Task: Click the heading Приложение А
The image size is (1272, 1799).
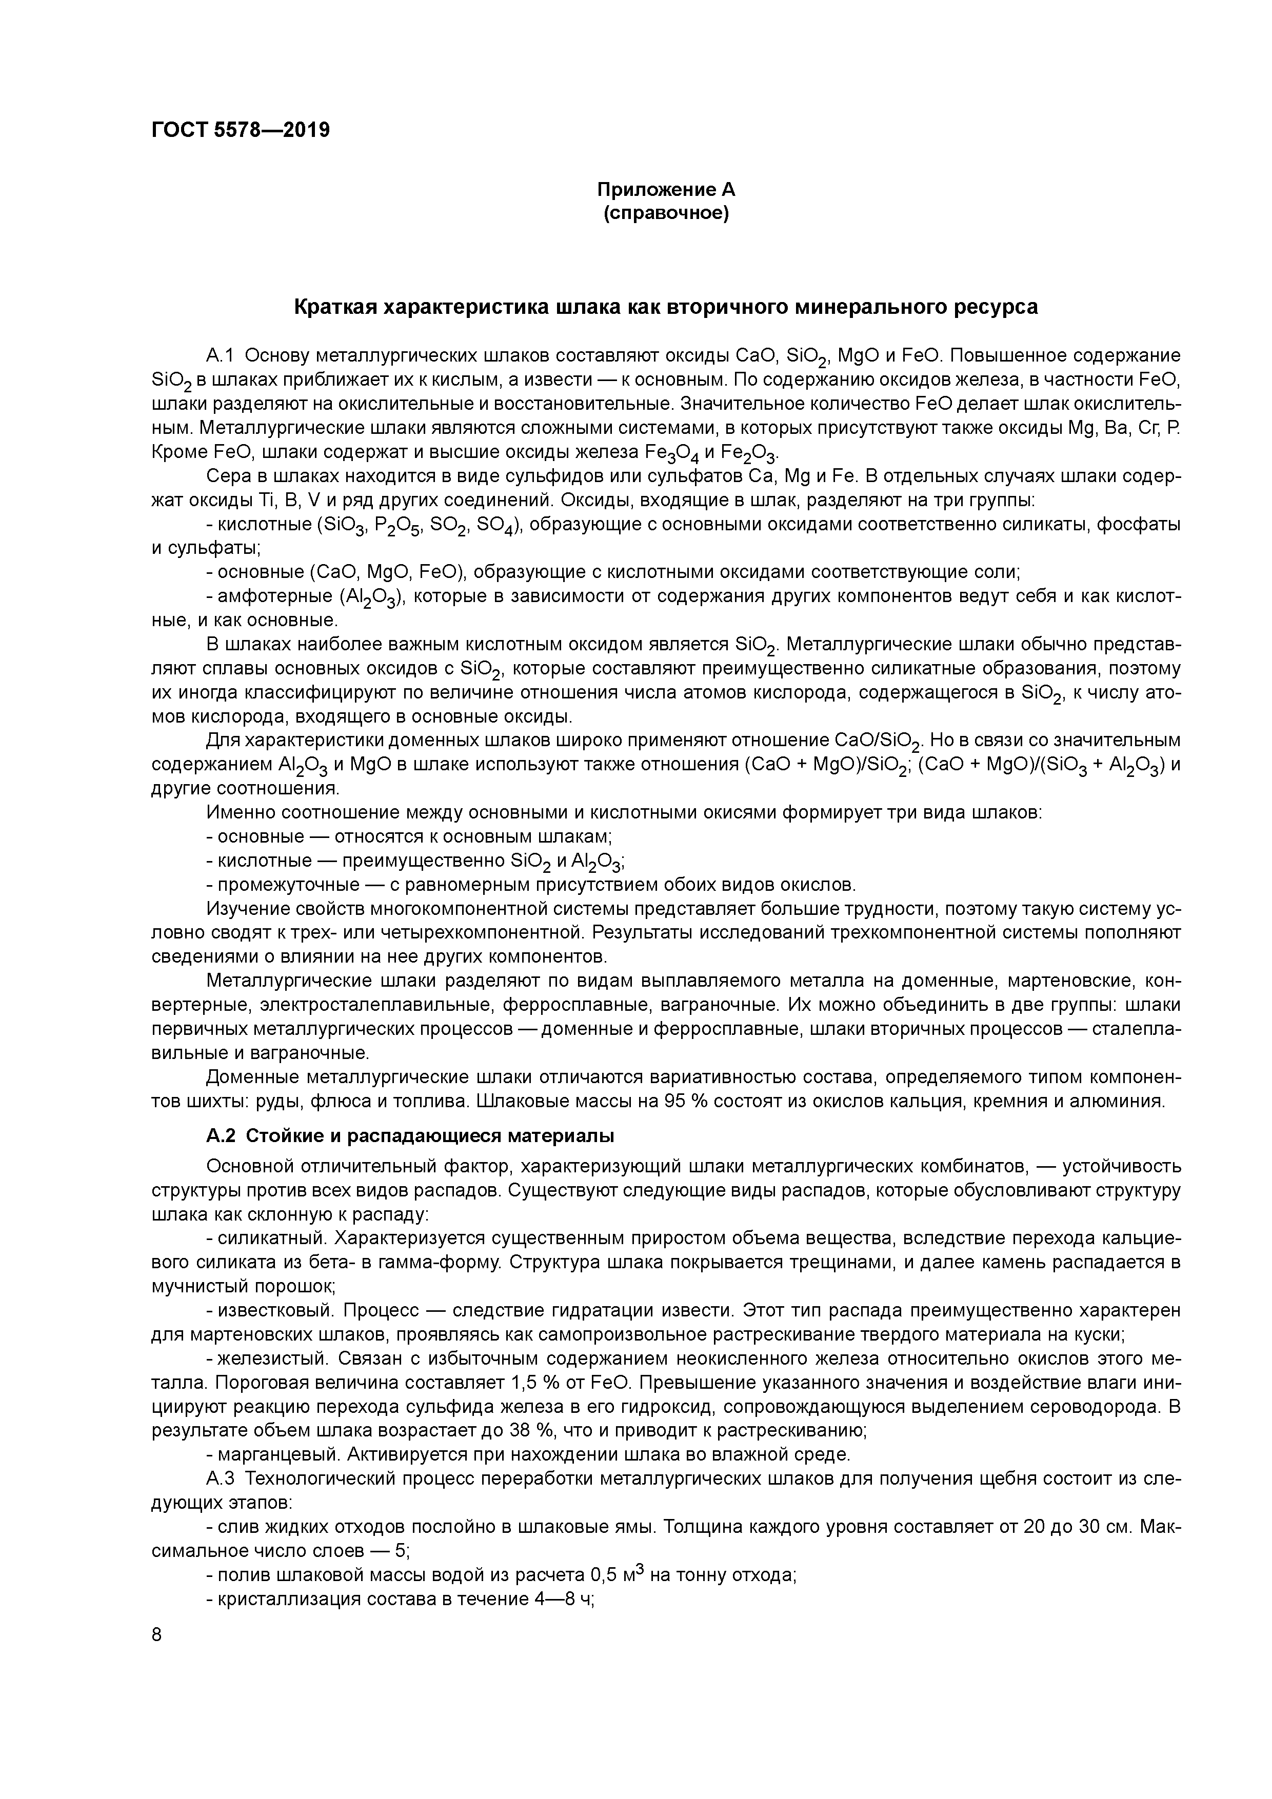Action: [666, 190]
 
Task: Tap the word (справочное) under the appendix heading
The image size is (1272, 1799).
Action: [666, 214]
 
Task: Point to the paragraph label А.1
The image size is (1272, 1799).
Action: [220, 356]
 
